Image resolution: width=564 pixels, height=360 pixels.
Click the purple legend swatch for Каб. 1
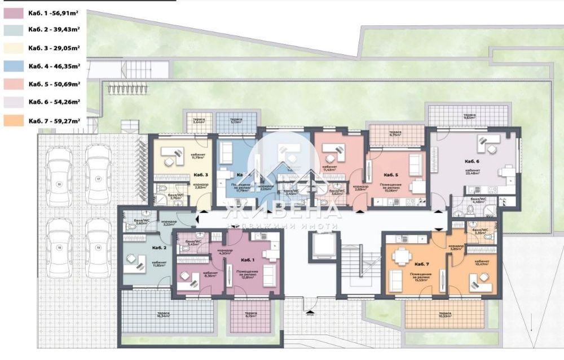point(12,12)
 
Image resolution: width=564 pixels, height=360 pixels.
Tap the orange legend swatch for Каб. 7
point(12,120)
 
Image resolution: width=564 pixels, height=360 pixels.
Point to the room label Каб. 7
point(422,264)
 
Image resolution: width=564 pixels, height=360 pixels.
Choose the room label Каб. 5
point(391,175)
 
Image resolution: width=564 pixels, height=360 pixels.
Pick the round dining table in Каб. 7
point(402,256)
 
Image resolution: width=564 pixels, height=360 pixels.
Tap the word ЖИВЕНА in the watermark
point(282,210)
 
